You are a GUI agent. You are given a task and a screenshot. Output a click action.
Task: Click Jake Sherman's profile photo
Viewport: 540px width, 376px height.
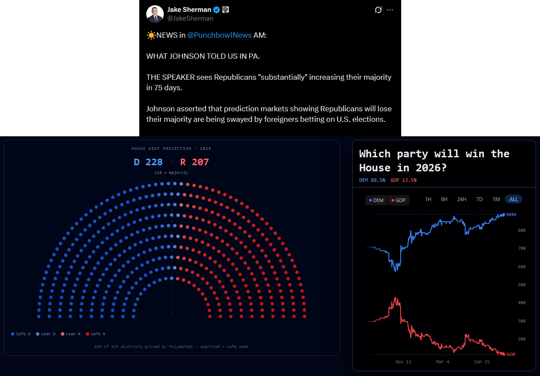click(155, 14)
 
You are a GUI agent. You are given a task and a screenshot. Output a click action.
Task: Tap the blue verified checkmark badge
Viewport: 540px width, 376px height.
click(216, 10)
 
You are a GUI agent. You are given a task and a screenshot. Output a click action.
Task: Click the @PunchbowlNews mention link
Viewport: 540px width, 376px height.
click(219, 35)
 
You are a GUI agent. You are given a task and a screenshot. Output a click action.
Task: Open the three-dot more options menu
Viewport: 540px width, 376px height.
click(390, 10)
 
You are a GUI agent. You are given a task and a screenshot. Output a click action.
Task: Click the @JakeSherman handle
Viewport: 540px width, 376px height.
click(190, 18)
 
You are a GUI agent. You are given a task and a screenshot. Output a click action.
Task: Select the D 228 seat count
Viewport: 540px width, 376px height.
click(148, 162)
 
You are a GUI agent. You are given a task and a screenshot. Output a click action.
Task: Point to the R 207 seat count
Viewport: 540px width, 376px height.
click(194, 162)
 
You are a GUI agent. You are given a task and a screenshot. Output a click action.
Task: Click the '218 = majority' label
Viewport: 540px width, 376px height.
click(171, 173)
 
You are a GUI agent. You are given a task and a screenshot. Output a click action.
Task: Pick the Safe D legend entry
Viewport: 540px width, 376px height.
click(21, 334)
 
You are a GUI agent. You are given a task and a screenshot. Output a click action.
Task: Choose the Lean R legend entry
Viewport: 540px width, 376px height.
click(71, 334)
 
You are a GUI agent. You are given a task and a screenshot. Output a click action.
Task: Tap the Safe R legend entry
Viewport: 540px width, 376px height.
click(96, 334)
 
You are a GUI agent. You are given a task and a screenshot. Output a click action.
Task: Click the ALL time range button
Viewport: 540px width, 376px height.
click(513, 199)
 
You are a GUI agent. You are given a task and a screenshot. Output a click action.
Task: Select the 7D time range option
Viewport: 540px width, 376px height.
click(479, 199)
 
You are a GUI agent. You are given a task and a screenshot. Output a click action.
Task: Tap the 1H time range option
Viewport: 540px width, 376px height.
click(428, 199)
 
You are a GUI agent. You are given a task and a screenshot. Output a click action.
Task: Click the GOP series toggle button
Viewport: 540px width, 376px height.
click(398, 200)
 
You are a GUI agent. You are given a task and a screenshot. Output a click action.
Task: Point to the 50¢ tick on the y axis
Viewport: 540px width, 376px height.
click(522, 284)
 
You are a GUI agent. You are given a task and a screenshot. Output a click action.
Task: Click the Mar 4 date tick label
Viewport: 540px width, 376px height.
click(443, 362)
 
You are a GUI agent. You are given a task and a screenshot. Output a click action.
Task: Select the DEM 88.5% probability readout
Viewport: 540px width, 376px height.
click(372, 180)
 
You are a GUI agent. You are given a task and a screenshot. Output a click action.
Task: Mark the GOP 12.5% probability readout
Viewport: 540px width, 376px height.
click(403, 180)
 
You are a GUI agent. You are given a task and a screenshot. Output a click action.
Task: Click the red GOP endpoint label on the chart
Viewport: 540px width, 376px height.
click(511, 354)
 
